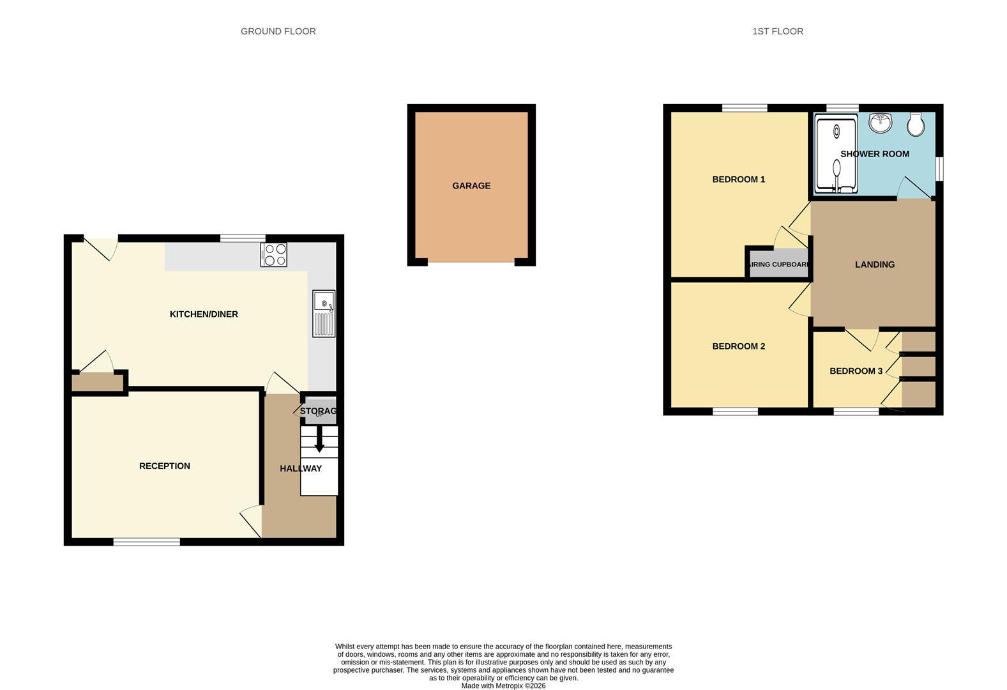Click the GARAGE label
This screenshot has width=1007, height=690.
(x=471, y=186)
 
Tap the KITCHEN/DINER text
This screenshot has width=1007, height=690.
(x=204, y=314)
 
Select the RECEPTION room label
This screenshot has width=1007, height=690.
(x=165, y=466)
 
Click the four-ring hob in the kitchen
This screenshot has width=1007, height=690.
(x=274, y=255)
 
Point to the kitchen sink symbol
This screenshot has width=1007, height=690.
(x=324, y=314)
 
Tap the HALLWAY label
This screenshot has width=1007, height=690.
(x=301, y=469)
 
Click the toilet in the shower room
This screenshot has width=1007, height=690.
(x=916, y=125)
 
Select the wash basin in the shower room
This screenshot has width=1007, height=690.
(x=881, y=123)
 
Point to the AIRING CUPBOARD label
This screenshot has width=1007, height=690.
(x=780, y=264)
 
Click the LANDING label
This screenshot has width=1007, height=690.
(x=875, y=264)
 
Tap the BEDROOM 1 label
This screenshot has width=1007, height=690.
(x=739, y=180)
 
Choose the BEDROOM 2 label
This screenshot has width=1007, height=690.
(x=739, y=346)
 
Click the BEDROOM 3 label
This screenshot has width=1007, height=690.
(x=856, y=371)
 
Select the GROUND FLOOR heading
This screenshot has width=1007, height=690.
(x=278, y=31)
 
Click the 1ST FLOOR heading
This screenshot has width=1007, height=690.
(x=777, y=31)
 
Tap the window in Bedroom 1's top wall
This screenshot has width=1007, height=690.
(x=745, y=108)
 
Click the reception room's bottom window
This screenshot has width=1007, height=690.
(x=146, y=542)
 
